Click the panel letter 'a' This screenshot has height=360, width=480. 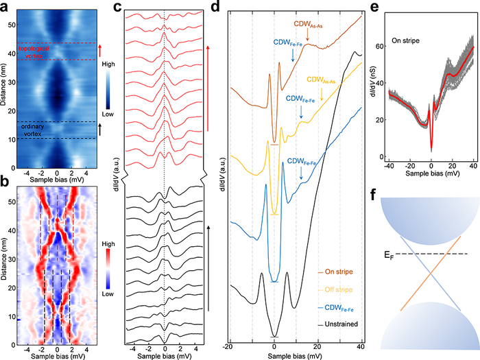[x=5, y=6]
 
